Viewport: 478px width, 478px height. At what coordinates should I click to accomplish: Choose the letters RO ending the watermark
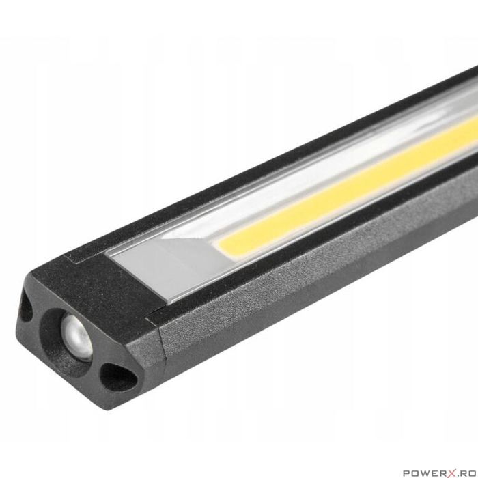coord(464,470)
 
